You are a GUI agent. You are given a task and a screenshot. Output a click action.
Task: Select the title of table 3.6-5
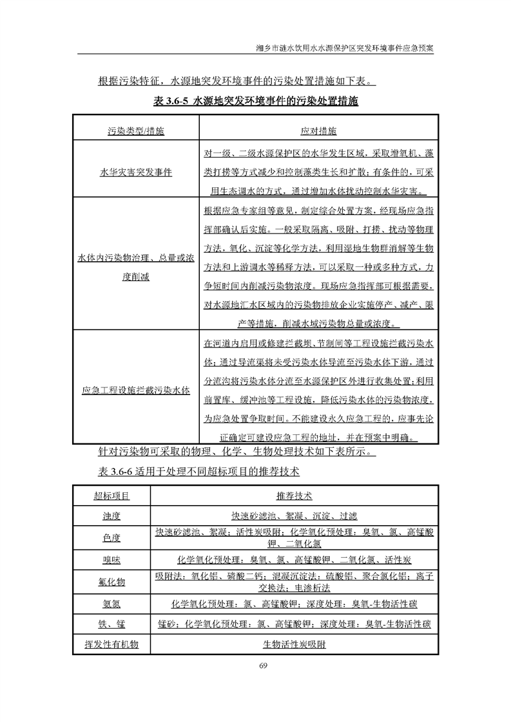[256, 102]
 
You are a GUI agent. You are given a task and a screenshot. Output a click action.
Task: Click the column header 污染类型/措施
[135, 131]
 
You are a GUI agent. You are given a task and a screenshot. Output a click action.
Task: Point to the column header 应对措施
[318, 131]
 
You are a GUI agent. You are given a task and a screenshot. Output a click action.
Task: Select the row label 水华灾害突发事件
[135, 173]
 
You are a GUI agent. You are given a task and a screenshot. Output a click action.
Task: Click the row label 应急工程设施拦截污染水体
[135, 390]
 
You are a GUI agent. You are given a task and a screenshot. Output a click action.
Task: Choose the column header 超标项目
[111, 497]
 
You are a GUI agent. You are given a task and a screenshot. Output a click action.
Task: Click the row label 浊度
[111, 516]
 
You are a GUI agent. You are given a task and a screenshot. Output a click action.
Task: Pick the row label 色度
[111, 537]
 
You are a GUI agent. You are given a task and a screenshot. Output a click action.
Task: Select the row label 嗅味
[111, 559]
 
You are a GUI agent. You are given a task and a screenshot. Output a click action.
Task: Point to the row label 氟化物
[111, 582]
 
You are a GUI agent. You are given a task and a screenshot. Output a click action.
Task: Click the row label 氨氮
[111, 604]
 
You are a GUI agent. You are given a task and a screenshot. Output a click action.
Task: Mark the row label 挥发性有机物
[111, 643]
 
